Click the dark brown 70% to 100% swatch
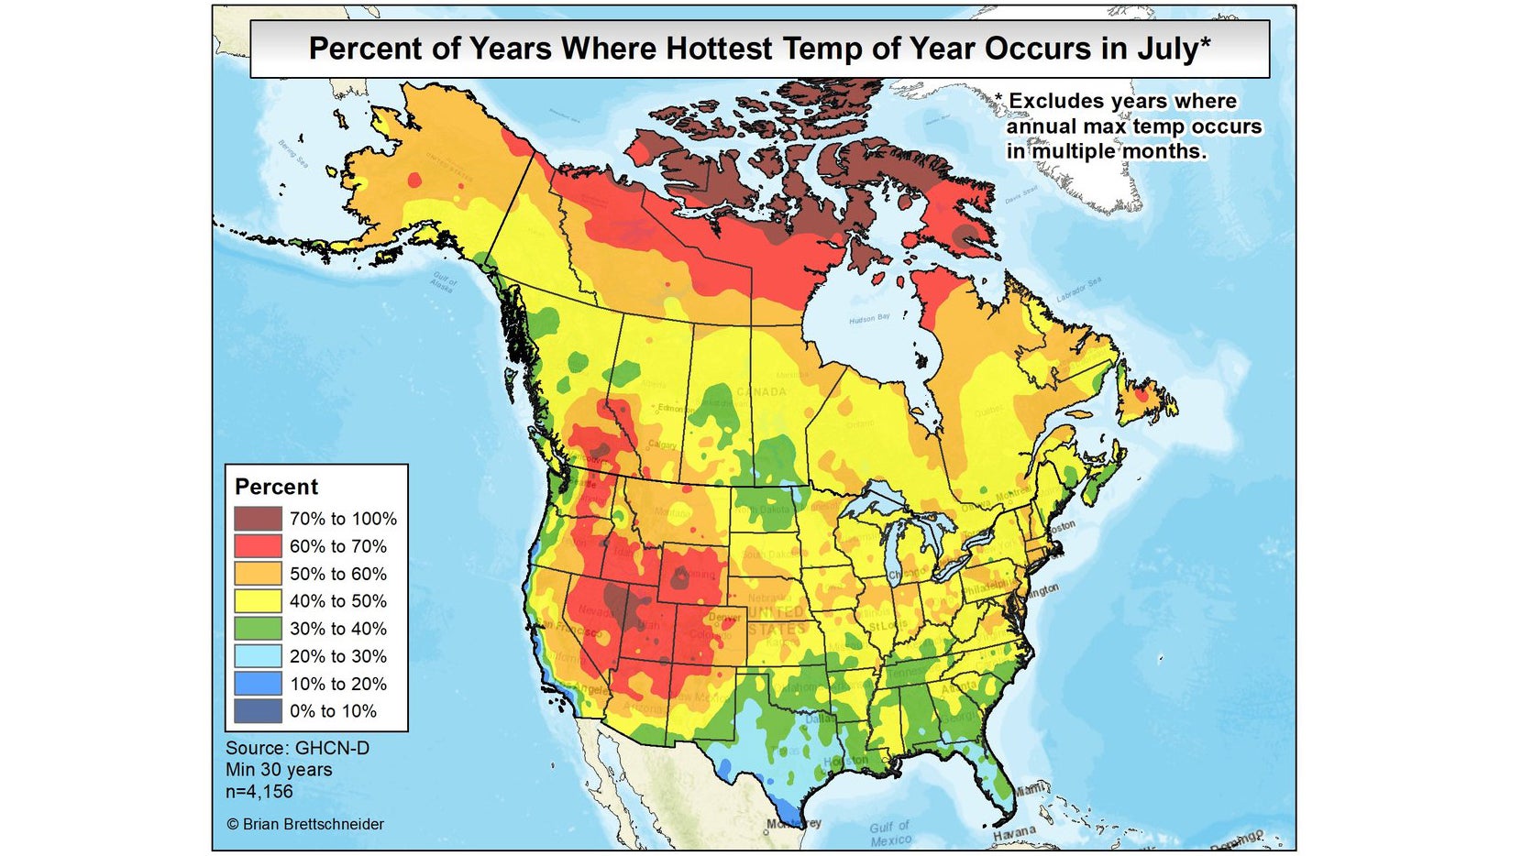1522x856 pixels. [x=257, y=519]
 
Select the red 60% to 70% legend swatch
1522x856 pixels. [x=257, y=546]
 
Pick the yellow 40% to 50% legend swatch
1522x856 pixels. [x=257, y=601]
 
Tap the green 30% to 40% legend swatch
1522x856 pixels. [x=257, y=629]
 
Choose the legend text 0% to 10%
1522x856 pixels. [x=333, y=711]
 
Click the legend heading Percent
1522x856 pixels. [x=276, y=487]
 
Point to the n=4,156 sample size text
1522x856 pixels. [x=259, y=792]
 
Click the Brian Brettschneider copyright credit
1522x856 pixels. [x=305, y=824]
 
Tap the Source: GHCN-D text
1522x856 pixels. [x=297, y=748]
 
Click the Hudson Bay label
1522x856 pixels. [x=868, y=319]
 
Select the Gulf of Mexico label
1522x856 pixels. [x=890, y=833]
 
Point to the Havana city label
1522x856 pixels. [x=1014, y=833]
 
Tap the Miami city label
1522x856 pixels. [x=1030, y=789]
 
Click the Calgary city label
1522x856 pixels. [x=662, y=445]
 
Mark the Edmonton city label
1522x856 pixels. [x=675, y=408]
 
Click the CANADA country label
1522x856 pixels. [x=761, y=392]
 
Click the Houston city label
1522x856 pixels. [x=844, y=762]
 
